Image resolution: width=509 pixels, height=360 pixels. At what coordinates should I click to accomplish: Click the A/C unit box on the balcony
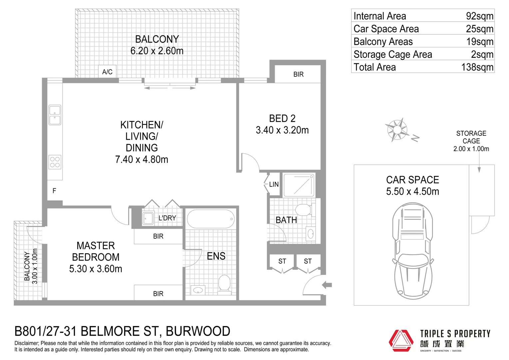[107, 72]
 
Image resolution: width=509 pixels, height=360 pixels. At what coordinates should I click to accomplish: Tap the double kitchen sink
[55, 115]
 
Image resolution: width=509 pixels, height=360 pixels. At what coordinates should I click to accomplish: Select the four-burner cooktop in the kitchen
[55, 162]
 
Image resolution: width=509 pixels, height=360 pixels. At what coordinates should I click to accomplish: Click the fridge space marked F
[54, 191]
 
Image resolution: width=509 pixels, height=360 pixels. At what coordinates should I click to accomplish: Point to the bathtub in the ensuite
[211, 219]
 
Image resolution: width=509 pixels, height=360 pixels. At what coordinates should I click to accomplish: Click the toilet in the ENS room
[224, 284]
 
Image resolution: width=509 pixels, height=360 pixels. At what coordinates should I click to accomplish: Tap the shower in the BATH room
[299, 185]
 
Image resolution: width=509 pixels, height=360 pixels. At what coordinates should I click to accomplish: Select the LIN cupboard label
[274, 184]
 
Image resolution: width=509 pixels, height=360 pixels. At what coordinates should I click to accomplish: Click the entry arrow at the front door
[327, 285]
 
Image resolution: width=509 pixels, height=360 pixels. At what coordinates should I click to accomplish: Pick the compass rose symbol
[397, 129]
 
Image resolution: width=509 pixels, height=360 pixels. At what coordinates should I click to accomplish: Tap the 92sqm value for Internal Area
[479, 16]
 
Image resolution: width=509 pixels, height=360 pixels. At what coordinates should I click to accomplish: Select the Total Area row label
[375, 67]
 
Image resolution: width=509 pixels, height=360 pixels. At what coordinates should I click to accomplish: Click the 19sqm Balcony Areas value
[480, 42]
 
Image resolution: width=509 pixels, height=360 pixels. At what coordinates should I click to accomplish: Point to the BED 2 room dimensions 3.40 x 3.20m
[282, 130]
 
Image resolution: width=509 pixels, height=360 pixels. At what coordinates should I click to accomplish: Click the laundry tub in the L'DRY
[148, 218]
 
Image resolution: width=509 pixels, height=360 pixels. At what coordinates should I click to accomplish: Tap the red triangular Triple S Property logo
[401, 340]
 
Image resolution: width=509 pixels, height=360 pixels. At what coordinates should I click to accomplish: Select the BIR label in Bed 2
[298, 74]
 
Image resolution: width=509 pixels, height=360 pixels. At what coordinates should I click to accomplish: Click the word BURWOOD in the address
[198, 331]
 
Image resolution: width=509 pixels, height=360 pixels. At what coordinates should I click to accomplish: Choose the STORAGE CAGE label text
[471, 137]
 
